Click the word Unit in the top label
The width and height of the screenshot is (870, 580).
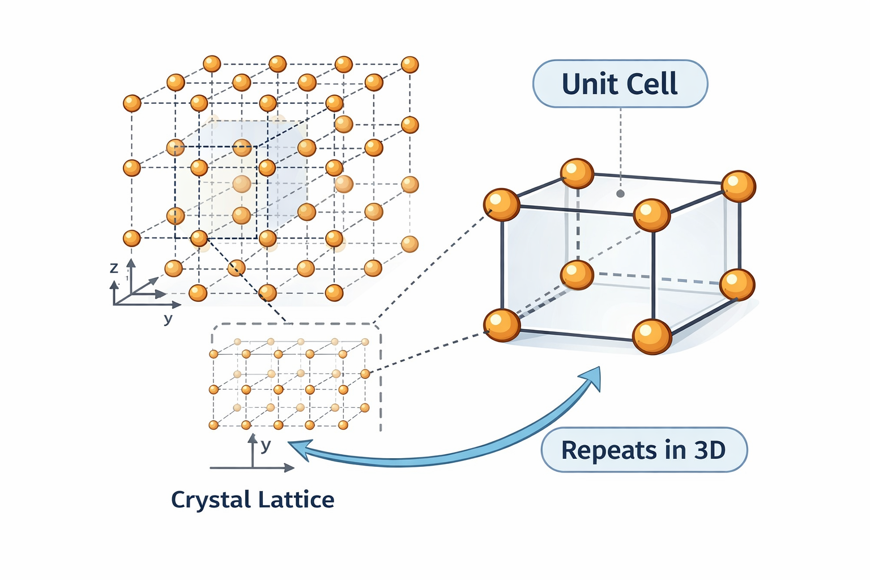589,84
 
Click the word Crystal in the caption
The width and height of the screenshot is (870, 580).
211,500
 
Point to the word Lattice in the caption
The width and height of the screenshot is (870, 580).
296,500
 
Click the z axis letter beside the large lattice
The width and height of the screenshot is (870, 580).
114,268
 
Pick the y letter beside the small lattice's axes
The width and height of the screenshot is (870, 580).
266,445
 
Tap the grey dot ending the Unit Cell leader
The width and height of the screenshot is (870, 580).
620,194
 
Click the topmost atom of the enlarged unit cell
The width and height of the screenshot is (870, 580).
577,173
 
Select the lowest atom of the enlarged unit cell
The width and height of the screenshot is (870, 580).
652,336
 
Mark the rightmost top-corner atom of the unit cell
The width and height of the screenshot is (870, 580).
739,186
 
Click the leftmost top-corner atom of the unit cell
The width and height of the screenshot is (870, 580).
502,204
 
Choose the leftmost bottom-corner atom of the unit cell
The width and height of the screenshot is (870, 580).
502,325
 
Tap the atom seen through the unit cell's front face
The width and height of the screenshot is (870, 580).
577,275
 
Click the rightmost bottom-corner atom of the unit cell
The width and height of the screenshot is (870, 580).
737,284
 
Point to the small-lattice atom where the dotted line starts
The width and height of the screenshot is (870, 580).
365,374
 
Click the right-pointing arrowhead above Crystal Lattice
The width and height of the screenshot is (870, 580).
289,468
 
